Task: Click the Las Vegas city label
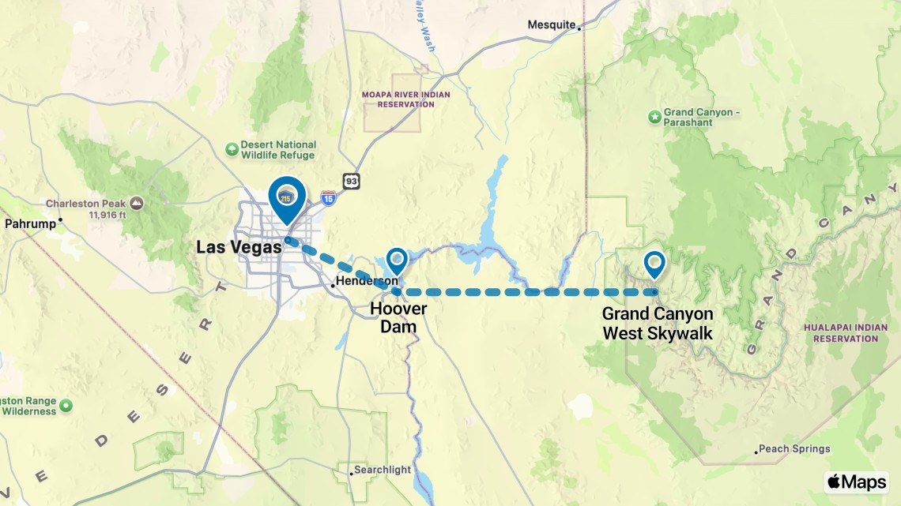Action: click(x=239, y=248)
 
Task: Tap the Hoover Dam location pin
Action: click(x=396, y=261)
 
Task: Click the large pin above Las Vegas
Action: click(x=287, y=198)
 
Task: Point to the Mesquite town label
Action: click(x=552, y=24)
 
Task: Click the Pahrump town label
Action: click(x=30, y=223)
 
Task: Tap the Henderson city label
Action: click(x=367, y=281)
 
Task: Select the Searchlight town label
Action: click(x=383, y=470)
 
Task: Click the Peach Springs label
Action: click(x=794, y=448)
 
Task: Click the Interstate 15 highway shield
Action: click(x=328, y=197)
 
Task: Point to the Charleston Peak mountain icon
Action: click(x=138, y=204)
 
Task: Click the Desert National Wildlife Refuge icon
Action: click(x=232, y=148)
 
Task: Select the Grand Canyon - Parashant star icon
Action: click(x=654, y=117)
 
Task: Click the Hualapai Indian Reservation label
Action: click(x=839, y=332)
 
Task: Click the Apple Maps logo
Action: click(x=856, y=482)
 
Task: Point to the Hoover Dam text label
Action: click(x=398, y=317)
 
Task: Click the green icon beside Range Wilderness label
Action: click(x=66, y=405)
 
